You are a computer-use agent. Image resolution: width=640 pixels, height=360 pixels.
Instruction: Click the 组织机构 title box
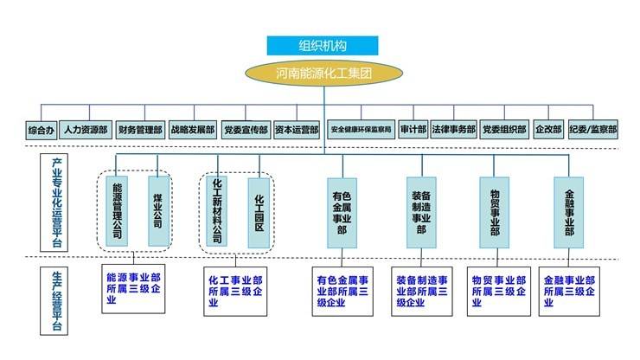coord(322,46)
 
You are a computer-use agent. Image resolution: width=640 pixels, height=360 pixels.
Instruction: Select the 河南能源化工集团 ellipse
coord(322,74)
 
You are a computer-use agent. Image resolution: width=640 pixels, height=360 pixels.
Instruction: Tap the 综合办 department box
coord(41,130)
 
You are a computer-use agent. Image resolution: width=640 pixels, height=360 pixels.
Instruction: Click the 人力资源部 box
coord(85,130)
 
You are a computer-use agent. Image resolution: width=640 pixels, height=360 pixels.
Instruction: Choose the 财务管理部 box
coord(139,130)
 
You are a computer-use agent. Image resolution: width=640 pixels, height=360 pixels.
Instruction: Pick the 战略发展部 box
coord(192,130)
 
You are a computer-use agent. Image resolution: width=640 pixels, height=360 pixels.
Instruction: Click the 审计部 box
coord(413,130)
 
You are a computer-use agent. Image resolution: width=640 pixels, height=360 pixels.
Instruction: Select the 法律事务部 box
coord(453,130)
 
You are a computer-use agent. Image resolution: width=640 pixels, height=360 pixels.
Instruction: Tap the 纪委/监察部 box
coord(593,130)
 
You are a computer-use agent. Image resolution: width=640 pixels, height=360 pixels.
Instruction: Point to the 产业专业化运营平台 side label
coord(56,203)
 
